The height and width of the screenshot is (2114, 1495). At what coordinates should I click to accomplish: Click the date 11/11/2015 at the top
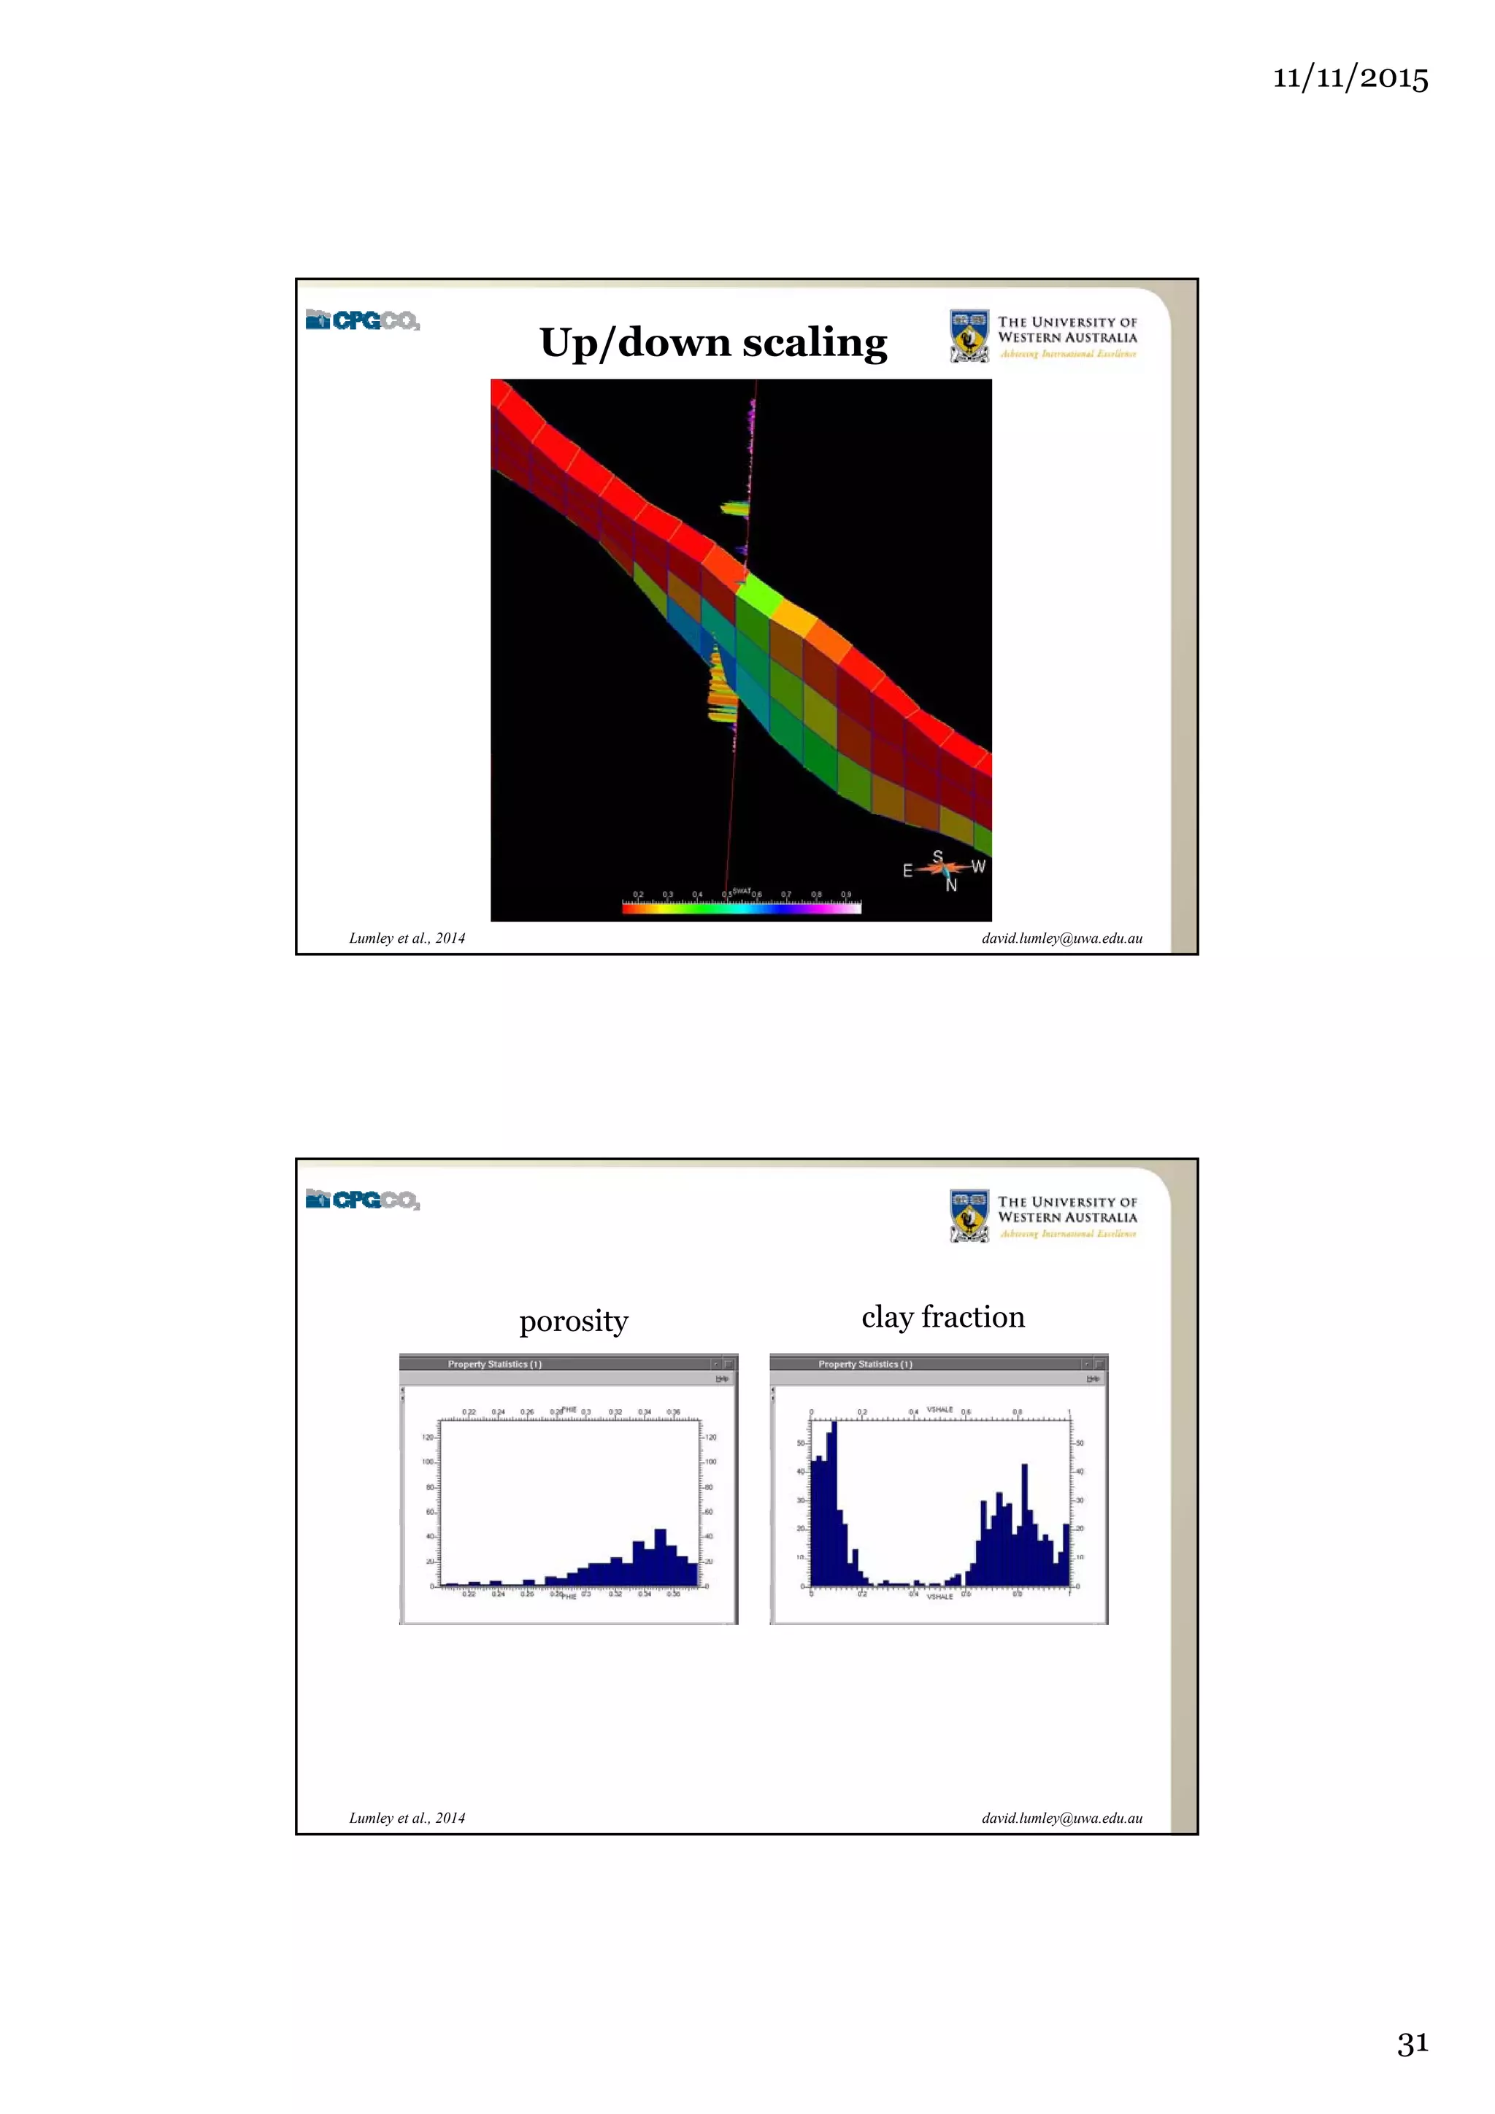click(1350, 77)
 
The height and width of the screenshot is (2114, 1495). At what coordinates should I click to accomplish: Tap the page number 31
click(1412, 2043)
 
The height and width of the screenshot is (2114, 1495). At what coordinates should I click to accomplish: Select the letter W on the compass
click(978, 866)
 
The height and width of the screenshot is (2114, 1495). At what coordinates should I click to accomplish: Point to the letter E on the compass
click(907, 870)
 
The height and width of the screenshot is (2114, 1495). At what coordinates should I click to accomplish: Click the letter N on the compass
click(952, 886)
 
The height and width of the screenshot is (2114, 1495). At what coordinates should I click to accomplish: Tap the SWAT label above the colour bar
click(742, 890)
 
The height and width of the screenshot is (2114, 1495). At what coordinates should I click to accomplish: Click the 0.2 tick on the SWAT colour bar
click(638, 894)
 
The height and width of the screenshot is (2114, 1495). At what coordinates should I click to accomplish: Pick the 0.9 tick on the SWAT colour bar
click(845, 894)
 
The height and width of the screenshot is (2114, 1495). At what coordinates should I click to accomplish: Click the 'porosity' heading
click(573, 1322)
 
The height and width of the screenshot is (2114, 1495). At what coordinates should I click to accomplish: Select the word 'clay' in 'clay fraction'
click(887, 1318)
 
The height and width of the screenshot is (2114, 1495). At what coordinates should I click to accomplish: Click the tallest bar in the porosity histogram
click(659, 1556)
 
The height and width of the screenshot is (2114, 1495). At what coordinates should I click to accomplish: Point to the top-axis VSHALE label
click(939, 1410)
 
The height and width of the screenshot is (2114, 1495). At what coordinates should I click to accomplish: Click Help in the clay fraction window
click(1093, 1378)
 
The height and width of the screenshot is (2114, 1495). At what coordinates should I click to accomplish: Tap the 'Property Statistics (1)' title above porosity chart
click(495, 1364)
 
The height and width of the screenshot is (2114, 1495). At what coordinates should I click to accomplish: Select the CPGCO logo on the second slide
click(362, 1200)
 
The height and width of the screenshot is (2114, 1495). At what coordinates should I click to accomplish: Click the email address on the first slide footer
click(1061, 938)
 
